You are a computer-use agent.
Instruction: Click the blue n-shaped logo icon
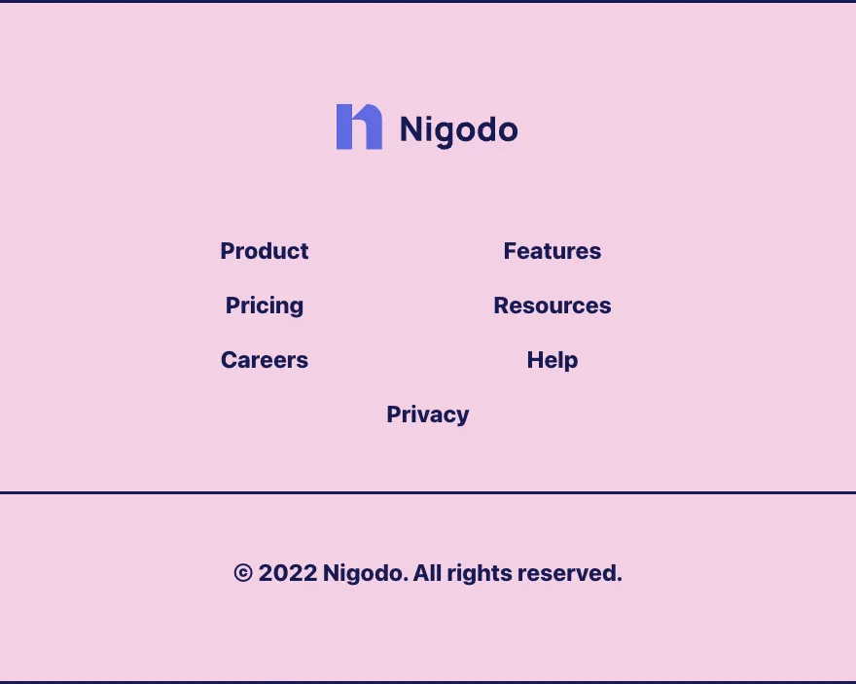click(x=359, y=126)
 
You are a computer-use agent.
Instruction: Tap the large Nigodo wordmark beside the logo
click(x=458, y=130)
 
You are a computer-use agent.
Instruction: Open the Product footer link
click(x=265, y=251)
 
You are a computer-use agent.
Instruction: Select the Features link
click(x=552, y=251)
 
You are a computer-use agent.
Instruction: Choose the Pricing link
click(x=265, y=306)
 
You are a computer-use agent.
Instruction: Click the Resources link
click(x=552, y=306)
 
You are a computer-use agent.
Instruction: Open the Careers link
click(x=265, y=360)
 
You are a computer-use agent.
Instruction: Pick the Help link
click(x=552, y=360)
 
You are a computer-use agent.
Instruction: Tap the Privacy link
click(x=427, y=414)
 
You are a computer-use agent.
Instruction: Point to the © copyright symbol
click(x=243, y=573)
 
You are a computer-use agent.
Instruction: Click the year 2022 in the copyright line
click(x=288, y=573)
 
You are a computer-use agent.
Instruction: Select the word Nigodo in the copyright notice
click(x=365, y=573)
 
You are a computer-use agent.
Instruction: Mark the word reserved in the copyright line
click(x=569, y=573)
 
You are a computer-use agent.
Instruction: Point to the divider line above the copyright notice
click(x=428, y=493)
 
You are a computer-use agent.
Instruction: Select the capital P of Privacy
click(x=394, y=414)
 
